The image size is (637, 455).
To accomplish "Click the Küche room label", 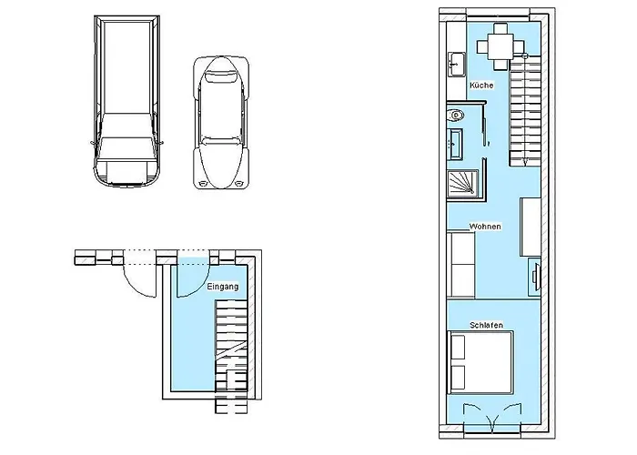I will click(481, 85).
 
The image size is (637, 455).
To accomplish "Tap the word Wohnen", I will click(483, 225).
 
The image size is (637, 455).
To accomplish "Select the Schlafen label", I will click(487, 325).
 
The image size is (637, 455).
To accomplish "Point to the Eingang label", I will click(223, 288).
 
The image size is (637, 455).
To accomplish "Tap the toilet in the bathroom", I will click(456, 116).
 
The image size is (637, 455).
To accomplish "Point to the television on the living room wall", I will click(535, 274).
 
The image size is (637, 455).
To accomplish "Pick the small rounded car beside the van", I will click(218, 123).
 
